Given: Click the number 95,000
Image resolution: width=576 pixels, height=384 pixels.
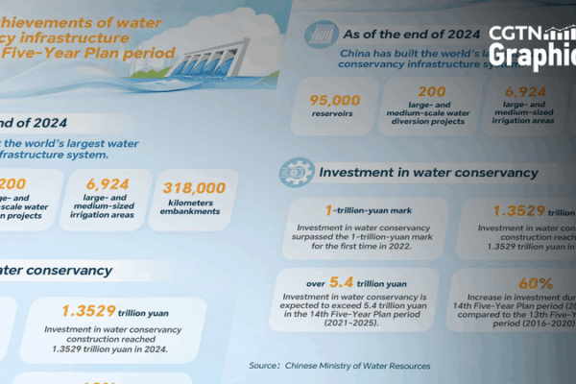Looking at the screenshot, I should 335,99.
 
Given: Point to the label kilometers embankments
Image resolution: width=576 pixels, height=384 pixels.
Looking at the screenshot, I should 195,211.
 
